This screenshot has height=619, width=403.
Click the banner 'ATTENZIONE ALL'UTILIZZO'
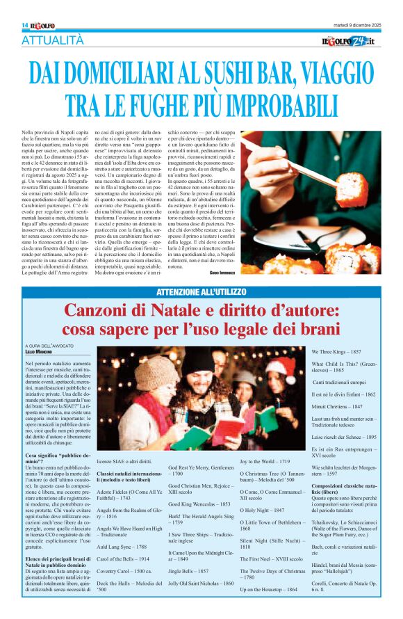tap(201, 291)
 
